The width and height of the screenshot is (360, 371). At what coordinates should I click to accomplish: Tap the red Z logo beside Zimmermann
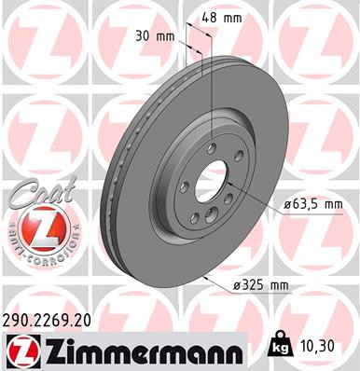18,352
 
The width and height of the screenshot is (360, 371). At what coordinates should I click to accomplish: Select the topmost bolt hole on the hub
212,147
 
